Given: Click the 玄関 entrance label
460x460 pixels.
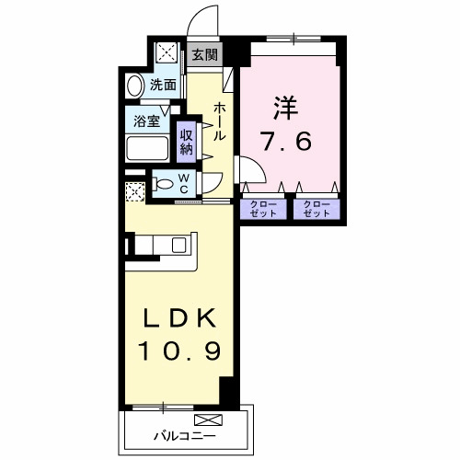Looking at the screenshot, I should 204,56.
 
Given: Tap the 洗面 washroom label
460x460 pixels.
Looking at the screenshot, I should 164,85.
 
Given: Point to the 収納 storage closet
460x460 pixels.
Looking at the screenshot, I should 186,141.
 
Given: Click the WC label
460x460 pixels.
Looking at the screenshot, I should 184,184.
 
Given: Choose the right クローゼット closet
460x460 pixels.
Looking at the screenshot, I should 316,209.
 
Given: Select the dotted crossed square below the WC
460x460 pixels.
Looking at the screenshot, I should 135,194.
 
